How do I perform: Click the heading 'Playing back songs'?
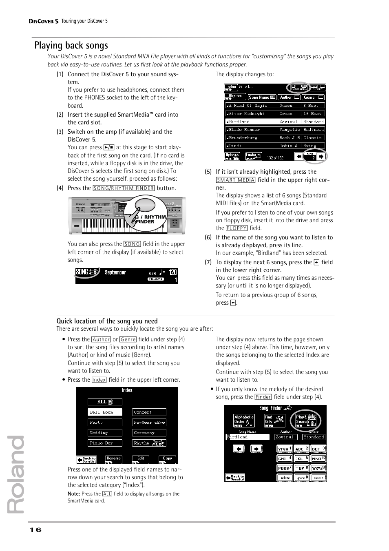click(x=71, y=45)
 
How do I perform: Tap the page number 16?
click(x=35, y=530)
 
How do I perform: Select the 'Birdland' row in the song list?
click(x=274, y=122)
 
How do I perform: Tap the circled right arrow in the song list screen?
click(x=320, y=156)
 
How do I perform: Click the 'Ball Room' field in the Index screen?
click(x=105, y=412)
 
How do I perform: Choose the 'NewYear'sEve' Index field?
click(x=149, y=423)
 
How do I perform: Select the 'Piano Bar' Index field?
click(x=105, y=443)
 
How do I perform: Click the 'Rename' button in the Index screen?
click(x=113, y=460)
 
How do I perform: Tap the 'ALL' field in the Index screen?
click(x=105, y=402)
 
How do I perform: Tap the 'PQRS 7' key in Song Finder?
click(x=285, y=468)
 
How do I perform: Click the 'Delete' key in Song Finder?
click(x=285, y=478)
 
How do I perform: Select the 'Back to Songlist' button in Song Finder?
click(x=235, y=478)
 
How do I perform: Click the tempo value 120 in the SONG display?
click(x=173, y=272)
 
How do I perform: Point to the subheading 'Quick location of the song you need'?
click(x=107, y=321)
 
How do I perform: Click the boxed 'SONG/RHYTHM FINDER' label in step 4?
click(x=124, y=188)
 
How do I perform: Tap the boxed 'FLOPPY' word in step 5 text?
click(x=236, y=228)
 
